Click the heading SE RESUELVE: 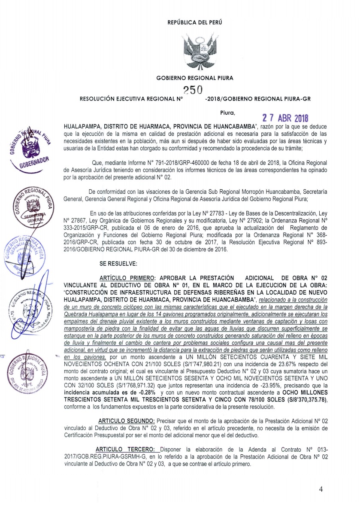tap(114, 262)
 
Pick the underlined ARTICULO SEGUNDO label tap(125, 419)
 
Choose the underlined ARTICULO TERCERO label tap(126, 448)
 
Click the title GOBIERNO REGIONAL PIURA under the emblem tap(195, 78)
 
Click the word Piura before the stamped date tap(227, 114)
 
